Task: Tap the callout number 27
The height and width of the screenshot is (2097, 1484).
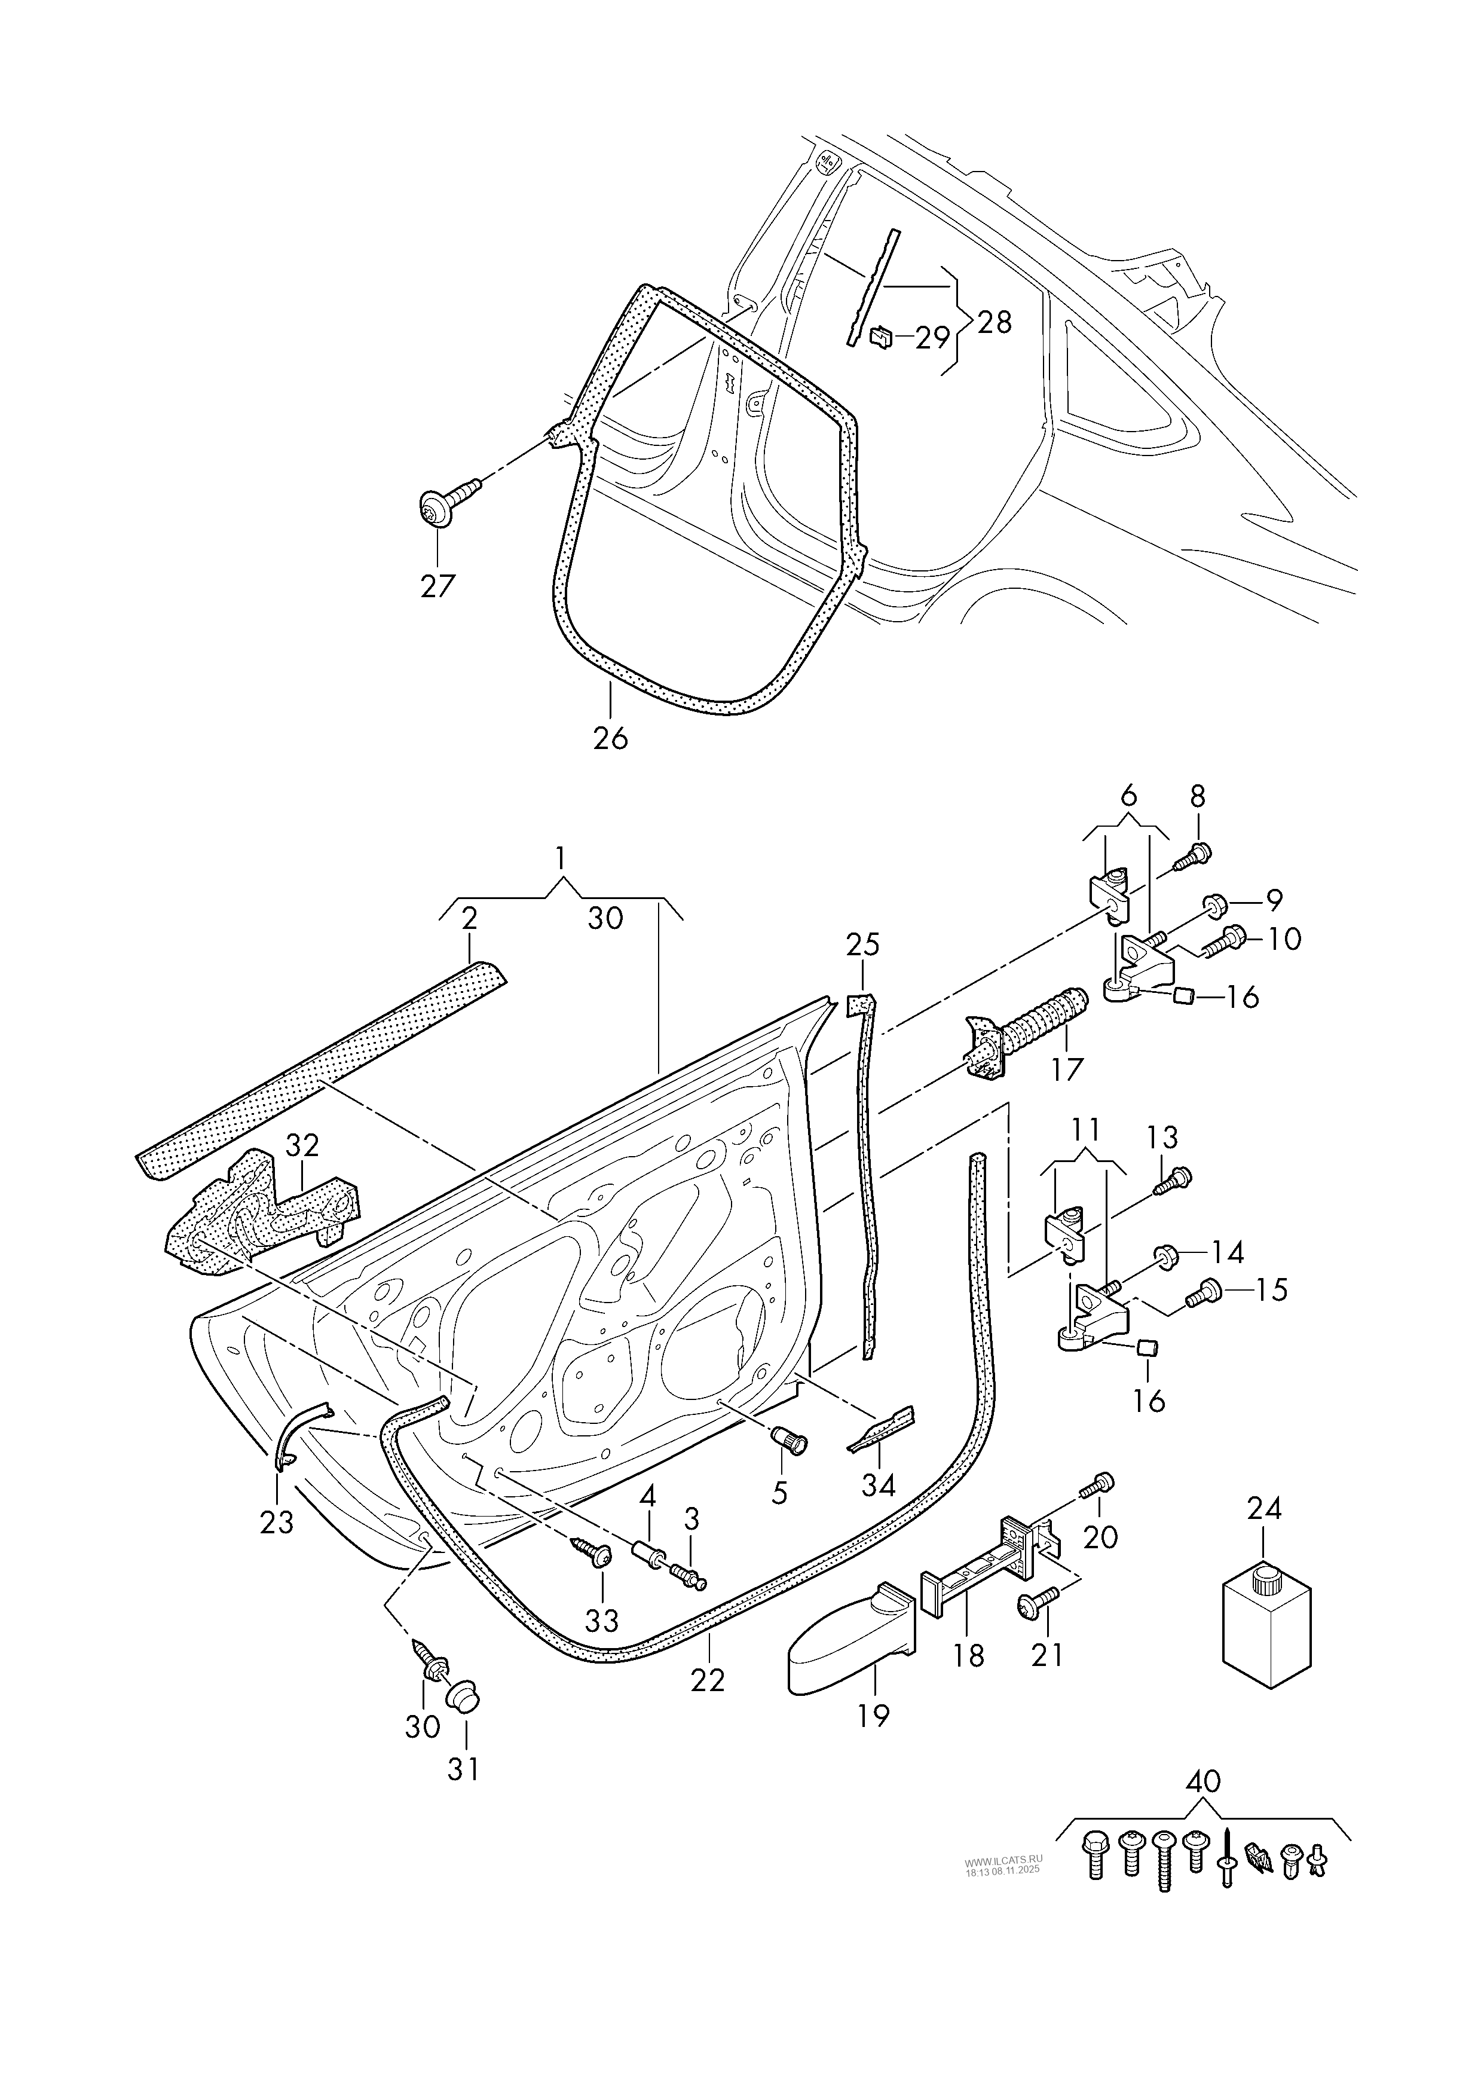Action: coord(437,586)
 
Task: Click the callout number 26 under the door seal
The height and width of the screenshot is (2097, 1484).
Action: coord(610,738)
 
